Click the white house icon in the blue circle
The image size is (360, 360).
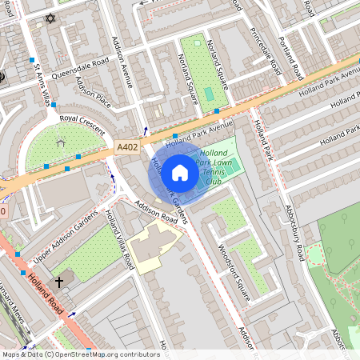pyautogui.click(x=180, y=171)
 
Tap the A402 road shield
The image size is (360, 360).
pyautogui.click(x=126, y=147)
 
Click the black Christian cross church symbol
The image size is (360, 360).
pyautogui.click(x=58, y=283)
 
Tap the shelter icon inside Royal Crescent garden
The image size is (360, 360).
pyautogui.click(x=61, y=143)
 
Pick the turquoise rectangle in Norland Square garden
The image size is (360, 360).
pyautogui.click(x=209, y=94)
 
